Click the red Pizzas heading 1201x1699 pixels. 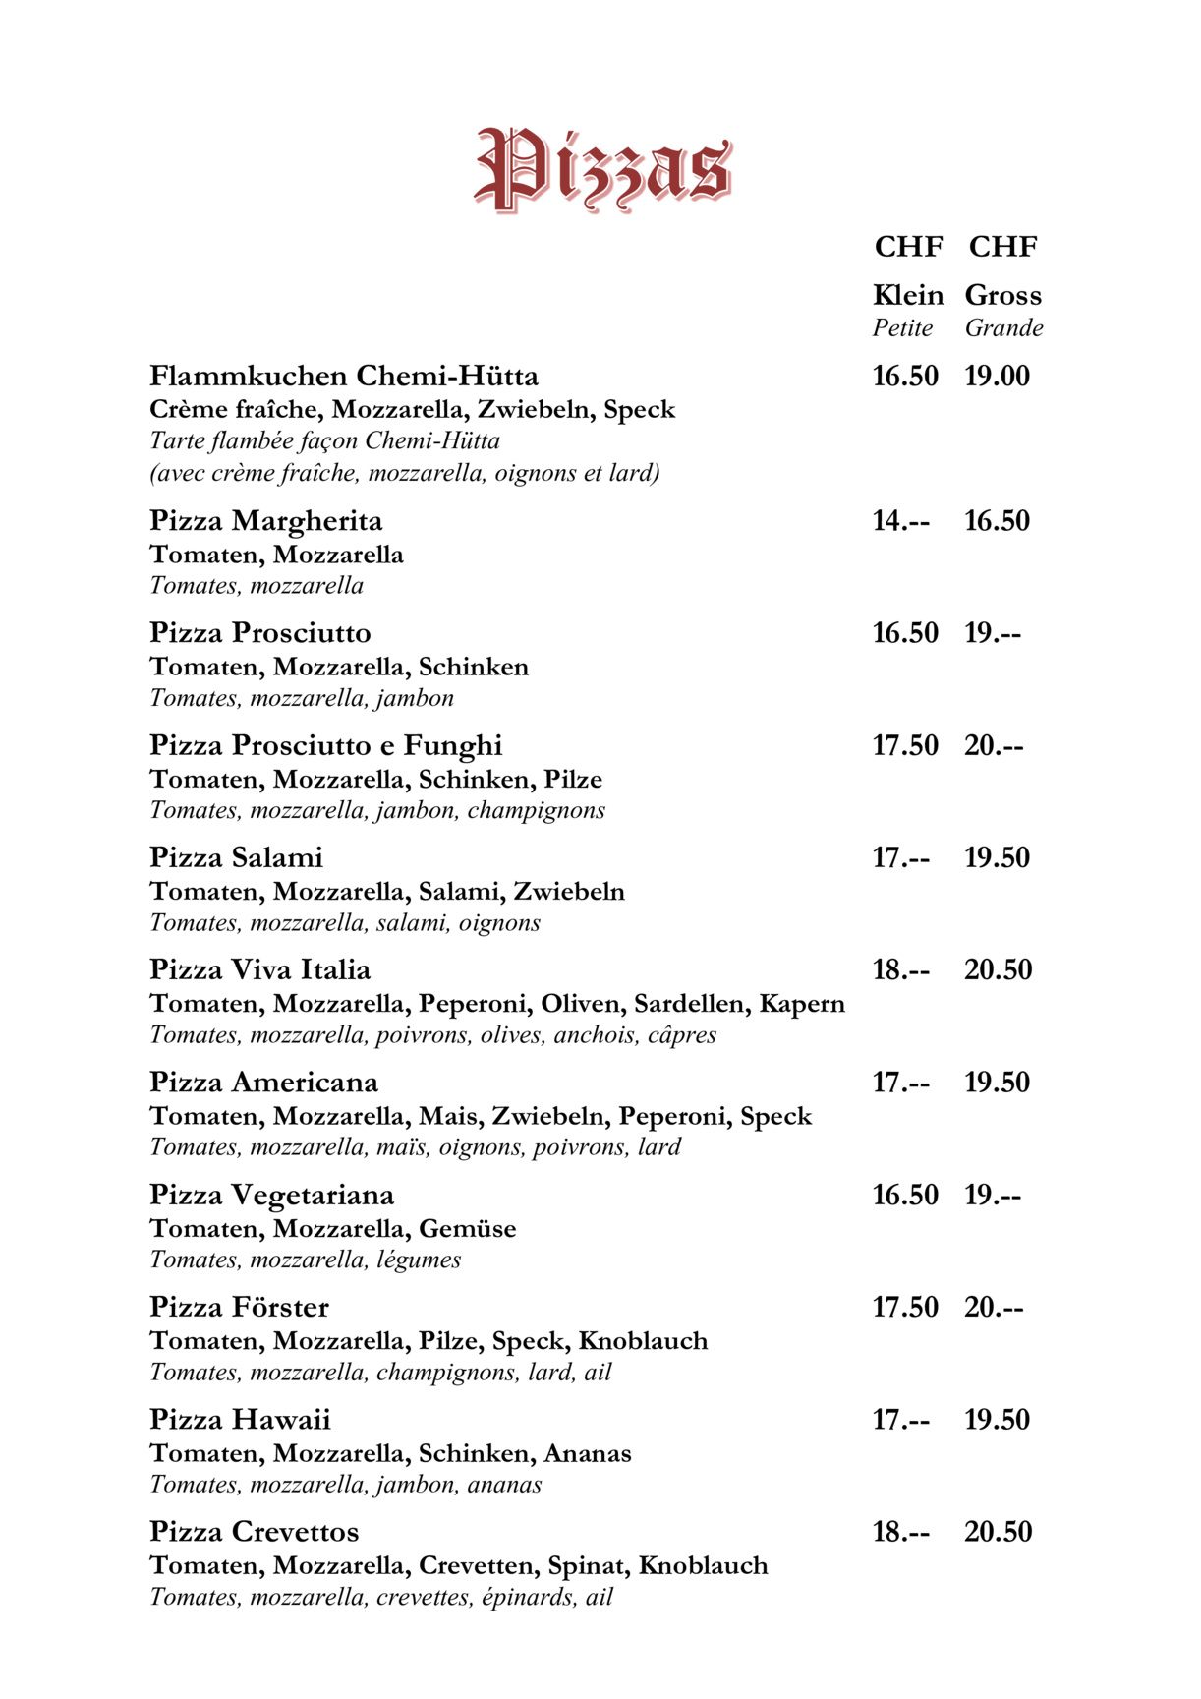point(602,169)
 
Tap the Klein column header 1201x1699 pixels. point(907,295)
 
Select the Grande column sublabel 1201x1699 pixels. point(1003,328)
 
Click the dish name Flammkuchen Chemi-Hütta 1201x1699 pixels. point(344,377)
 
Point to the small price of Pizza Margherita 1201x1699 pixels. point(900,521)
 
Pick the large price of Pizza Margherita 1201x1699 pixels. point(997,521)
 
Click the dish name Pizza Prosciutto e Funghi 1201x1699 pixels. point(325,746)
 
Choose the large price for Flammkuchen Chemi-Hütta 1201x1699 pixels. point(997,377)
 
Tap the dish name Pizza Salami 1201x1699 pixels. point(236,858)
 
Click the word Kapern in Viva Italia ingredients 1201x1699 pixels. point(802,1004)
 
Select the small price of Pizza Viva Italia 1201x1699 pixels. point(900,970)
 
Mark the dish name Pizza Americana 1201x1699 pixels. point(263,1083)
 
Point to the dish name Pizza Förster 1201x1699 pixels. point(239,1308)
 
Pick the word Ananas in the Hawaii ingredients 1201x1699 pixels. point(588,1453)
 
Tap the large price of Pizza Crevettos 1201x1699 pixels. point(998,1532)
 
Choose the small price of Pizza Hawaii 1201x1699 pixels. point(900,1420)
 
